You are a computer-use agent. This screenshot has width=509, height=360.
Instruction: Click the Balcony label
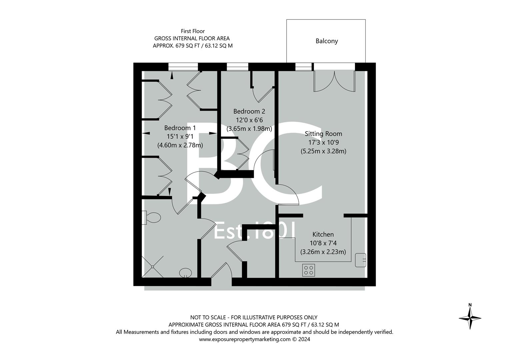point(327,41)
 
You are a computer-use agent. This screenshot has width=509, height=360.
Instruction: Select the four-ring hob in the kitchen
point(309,270)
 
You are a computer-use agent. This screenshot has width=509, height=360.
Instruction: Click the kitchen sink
point(360,260)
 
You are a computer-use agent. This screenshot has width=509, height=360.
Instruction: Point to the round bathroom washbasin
point(185,273)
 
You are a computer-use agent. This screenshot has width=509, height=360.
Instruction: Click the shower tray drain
point(153,267)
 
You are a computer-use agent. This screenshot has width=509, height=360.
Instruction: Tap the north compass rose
point(470,318)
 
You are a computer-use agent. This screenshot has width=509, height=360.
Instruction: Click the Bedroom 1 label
point(180,128)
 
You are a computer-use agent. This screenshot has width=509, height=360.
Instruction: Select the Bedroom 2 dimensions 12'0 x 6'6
point(249,120)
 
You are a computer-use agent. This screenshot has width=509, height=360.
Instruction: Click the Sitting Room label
point(323,134)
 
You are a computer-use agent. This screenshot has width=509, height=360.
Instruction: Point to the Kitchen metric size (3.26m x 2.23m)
point(323,252)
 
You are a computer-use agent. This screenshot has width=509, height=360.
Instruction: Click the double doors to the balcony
point(334,81)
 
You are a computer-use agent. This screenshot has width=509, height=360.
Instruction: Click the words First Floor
point(193,31)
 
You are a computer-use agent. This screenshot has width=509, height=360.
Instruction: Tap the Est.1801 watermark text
point(255,231)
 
